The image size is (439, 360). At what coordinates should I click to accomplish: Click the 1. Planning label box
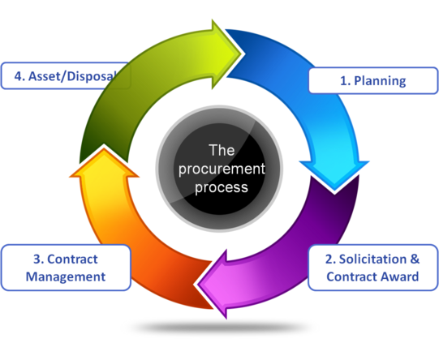[372, 80]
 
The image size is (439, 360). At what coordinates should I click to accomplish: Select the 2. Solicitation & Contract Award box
[372, 268]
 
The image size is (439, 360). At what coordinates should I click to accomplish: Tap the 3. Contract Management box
[66, 268]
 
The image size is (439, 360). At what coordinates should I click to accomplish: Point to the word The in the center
[221, 150]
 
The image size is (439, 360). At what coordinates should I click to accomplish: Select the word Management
[66, 276]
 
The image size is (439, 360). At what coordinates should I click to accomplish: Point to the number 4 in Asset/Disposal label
[19, 78]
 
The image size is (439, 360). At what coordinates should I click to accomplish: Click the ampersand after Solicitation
[415, 260]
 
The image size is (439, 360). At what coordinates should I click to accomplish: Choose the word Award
[400, 276]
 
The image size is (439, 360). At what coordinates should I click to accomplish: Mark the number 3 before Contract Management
[37, 259]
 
